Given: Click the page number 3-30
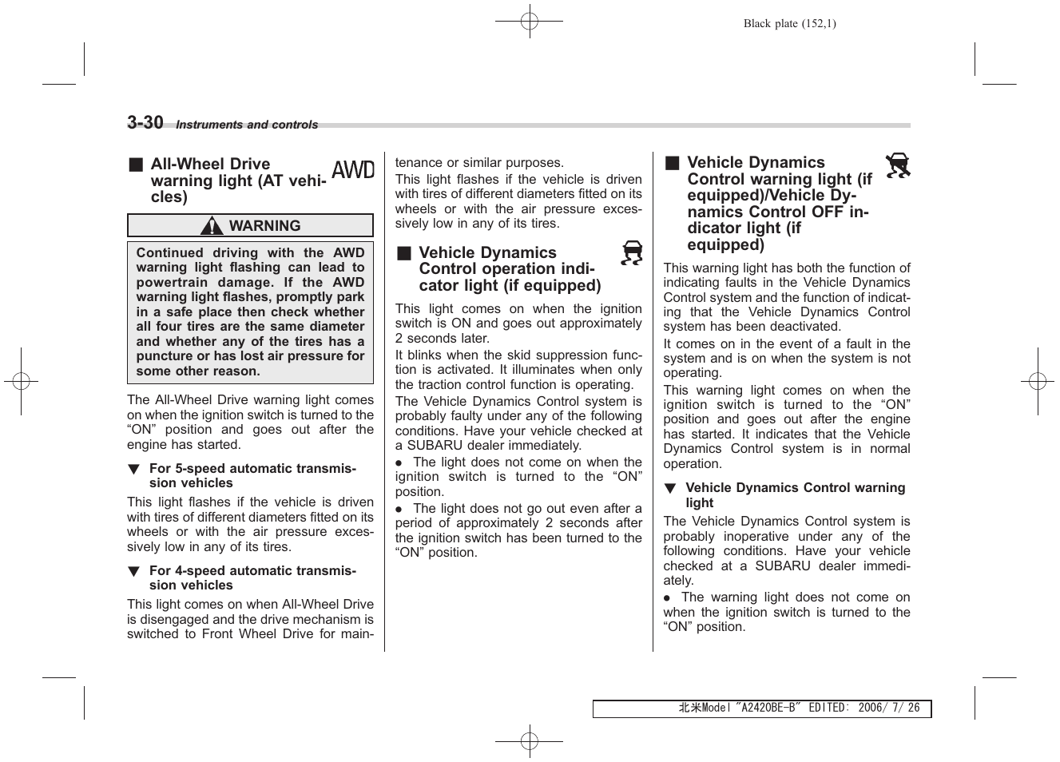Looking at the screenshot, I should pyautogui.click(x=145, y=122).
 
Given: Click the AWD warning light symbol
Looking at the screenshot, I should pyautogui.click(x=353, y=170).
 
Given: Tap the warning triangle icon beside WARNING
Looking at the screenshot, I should pyautogui.click(x=212, y=226).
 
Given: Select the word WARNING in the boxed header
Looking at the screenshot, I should pyautogui.click(x=264, y=226).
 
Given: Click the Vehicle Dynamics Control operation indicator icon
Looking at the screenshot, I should pyautogui.click(x=632, y=253).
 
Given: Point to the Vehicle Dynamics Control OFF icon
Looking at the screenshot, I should pyautogui.click(x=898, y=165).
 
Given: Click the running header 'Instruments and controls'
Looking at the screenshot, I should pyautogui.click(x=247, y=125).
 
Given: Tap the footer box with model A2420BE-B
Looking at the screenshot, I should pyautogui.click(x=761, y=708).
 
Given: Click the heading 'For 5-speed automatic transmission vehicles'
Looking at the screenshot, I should pyautogui.click(x=252, y=475).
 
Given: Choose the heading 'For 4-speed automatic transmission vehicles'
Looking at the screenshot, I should pyautogui.click(x=252, y=577).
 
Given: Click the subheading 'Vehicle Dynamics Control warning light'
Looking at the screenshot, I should pyautogui.click(x=795, y=494).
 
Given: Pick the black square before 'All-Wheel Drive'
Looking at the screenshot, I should pyautogui.click(x=136, y=165).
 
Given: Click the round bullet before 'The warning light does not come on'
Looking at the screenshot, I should pyautogui.click(x=667, y=598).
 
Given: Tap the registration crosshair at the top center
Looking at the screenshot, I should pyautogui.click(x=529, y=22).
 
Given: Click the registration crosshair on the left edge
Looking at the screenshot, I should pyautogui.click(x=22, y=381).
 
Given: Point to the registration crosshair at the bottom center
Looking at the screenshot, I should pyautogui.click(x=529, y=740).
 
